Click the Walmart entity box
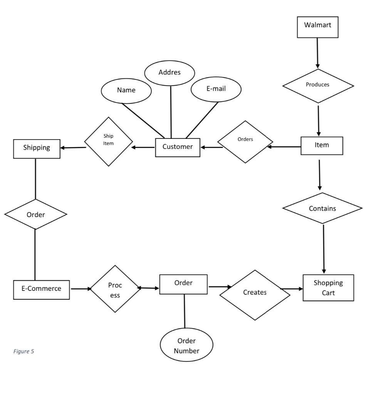(317, 27)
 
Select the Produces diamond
(318, 86)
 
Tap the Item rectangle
(322, 146)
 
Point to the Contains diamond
(322, 208)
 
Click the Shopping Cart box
(328, 288)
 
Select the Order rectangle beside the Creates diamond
(183, 284)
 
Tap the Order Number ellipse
(186, 345)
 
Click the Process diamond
(115, 289)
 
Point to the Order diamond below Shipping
(35, 214)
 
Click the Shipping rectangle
(37, 149)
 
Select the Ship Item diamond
(109, 142)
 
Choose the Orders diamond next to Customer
(245, 142)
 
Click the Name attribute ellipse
(126, 91)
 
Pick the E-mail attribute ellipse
(216, 89)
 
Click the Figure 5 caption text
(23, 351)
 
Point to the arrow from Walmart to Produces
(317, 53)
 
